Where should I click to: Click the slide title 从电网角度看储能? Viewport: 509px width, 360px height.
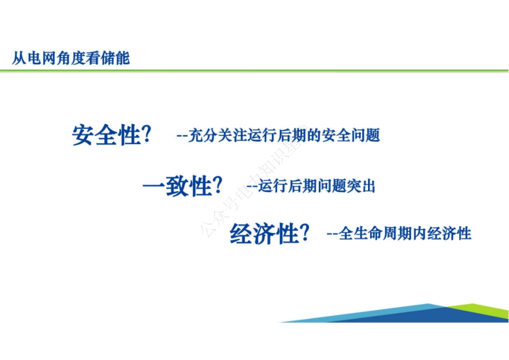(x=71, y=58)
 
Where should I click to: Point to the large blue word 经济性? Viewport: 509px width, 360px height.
(x=264, y=234)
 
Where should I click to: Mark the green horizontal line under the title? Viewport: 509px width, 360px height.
(x=254, y=70)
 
